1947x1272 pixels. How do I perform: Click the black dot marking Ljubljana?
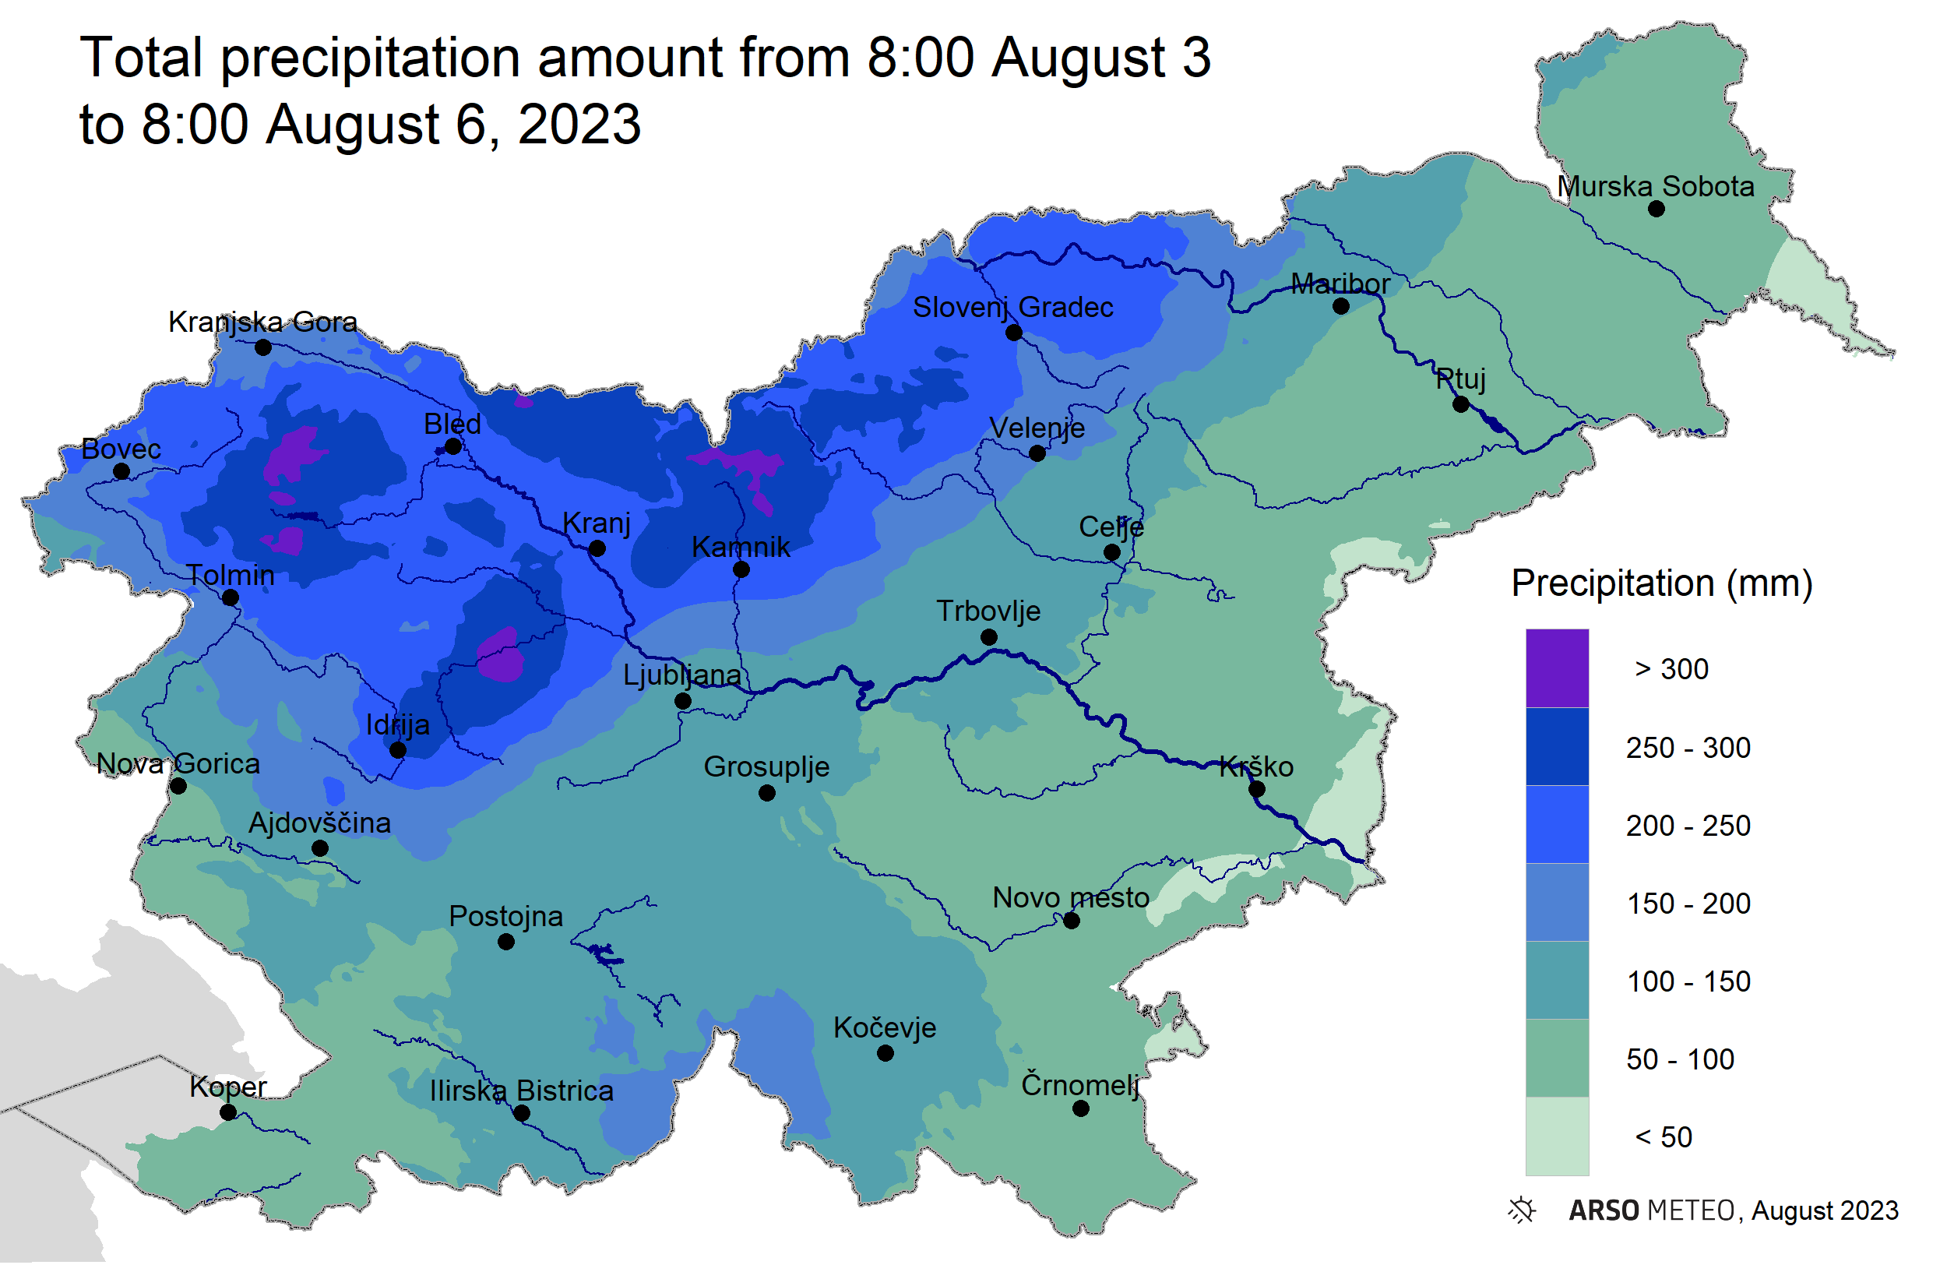(x=682, y=701)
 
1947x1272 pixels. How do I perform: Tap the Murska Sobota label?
(x=1655, y=186)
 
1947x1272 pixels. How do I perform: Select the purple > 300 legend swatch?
(x=1557, y=668)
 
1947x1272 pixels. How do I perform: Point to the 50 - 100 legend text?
(x=1680, y=1059)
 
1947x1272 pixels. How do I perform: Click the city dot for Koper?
(x=228, y=1112)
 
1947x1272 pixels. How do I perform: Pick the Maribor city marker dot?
(x=1340, y=307)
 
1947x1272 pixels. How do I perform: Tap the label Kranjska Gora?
(x=262, y=322)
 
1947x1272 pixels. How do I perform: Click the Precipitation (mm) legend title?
(x=1660, y=583)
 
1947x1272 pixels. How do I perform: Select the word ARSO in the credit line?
(x=1603, y=1210)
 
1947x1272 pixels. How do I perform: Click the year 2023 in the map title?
(x=579, y=125)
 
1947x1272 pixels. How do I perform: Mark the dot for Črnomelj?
(x=1080, y=1108)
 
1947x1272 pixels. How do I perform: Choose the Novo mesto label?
(x=1070, y=897)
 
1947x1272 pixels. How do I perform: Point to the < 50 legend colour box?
(x=1557, y=1136)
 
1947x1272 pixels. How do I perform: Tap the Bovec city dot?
(x=121, y=471)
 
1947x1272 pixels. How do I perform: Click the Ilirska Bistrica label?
(x=521, y=1091)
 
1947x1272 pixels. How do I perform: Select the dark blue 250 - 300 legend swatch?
(x=1557, y=746)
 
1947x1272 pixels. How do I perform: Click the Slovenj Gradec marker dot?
(x=1012, y=333)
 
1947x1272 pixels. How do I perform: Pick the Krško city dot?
(x=1256, y=789)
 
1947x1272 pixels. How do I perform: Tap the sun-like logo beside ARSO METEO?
(x=1522, y=1209)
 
